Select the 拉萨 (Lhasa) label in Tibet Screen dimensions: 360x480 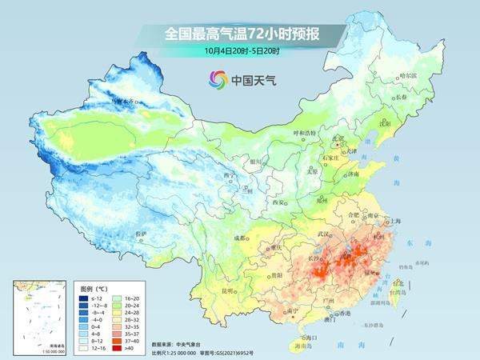pyautogui.click(x=141, y=234)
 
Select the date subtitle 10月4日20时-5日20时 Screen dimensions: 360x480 pyautogui.click(x=240, y=50)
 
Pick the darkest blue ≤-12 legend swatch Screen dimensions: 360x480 pyautogui.click(x=82, y=298)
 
